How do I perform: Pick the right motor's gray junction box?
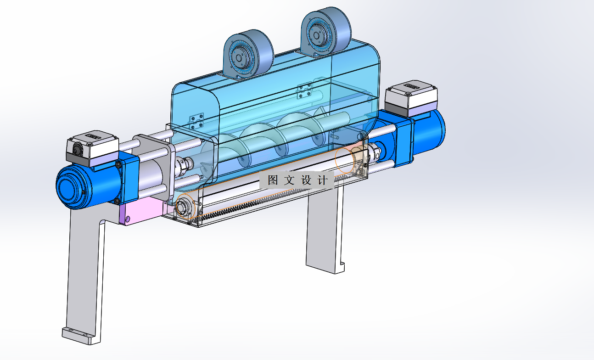click(x=411, y=98)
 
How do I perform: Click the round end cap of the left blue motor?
click(x=69, y=187)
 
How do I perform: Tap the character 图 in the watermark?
click(x=273, y=180)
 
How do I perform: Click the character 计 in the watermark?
click(x=322, y=180)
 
